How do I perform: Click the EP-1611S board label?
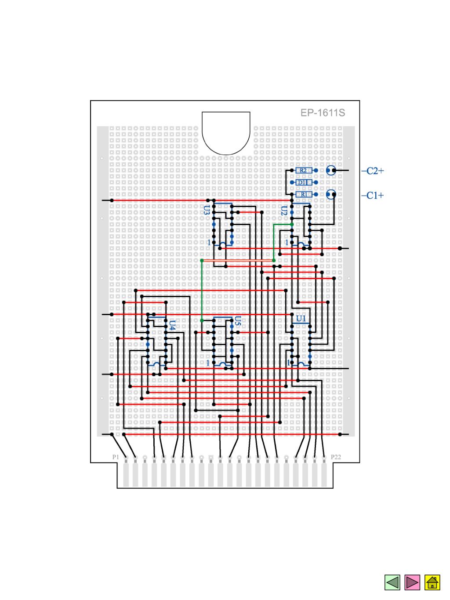click(x=323, y=113)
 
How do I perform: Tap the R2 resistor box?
click(x=303, y=170)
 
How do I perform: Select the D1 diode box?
click(x=303, y=182)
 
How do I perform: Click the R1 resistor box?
click(x=303, y=194)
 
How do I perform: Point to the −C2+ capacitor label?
click(x=372, y=171)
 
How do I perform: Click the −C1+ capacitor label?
click(x=372, y=195)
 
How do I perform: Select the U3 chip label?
click(x=207, y=210)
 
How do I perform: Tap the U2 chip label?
click(x=284, y=211)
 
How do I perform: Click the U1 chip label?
click(x=301, y=318)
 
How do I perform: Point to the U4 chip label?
click(x=172, y=325)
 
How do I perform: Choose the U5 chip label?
click(x=238, y=321)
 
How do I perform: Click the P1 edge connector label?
click(x=116, y=457)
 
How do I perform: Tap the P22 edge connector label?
click(x=335, y=457)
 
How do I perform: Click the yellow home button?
click(x=432, y=582)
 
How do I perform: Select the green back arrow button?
click(x=392, y=582)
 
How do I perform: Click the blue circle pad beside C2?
click(x=331, y=170)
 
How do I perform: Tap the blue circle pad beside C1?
click(x=331, y=194)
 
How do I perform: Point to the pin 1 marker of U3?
click(x=209, y=242)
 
